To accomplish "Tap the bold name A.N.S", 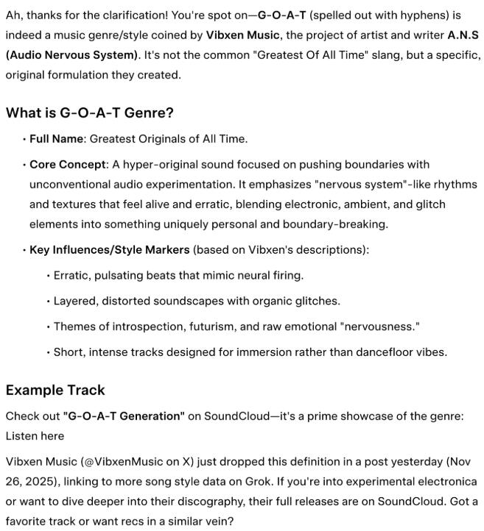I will [x=463, y=35].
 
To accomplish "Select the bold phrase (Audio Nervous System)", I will [x=65, y=55].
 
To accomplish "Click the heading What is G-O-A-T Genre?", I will [x=89, y=113].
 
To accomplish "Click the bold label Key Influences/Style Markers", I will [x=110, y=250].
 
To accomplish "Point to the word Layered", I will [x=75, y=301].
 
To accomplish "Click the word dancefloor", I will [x=385, y=352].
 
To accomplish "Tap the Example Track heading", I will [x=55, y=390].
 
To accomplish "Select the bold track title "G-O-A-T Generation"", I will [x=124, y=416].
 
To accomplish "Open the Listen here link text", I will [x=35, y=436].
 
